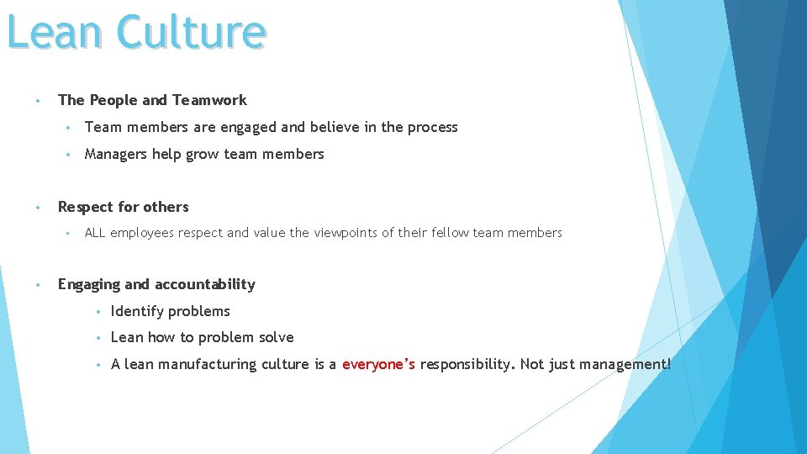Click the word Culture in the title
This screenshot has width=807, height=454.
(x=192, y=32)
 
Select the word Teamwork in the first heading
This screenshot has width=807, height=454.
(x=209, y=100)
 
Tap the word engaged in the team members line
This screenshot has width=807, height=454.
(x=248, y=128)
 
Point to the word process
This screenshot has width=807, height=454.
(x=432, y=127)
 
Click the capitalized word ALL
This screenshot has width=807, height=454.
(x=95, y=233)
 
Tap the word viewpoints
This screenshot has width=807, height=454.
(x=345, y=233)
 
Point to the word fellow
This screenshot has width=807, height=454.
(x=446, y=233)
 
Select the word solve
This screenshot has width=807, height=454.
(x=277, y=337)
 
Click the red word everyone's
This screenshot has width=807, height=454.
(x=378, y=364)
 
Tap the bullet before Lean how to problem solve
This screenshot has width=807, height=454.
(x=98, y=338)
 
